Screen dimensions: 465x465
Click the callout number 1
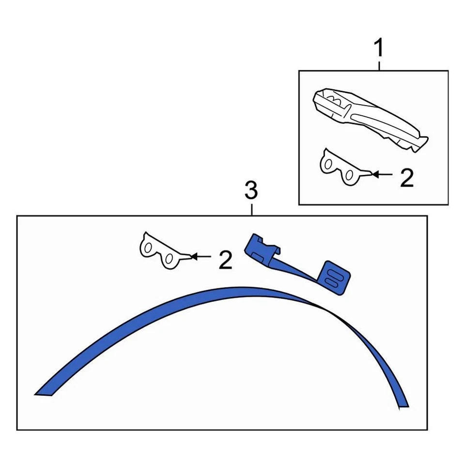(x=379, y=48)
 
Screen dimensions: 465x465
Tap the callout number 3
(x=251, y=191)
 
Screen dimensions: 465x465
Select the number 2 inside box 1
(x=407, y=178)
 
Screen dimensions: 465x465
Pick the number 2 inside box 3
(x=225, y=260)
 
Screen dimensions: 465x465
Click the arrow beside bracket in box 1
(x=383, y=173)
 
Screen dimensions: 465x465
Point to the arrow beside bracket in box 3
(x=201, y=256)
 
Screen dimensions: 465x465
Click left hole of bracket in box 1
(x=329, y=165)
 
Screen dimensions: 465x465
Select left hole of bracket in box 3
(x=149, y=248)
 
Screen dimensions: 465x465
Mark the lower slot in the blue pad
(x=332, y=281)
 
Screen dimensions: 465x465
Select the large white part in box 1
(x=368, y=116)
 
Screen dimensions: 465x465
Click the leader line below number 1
(x=379, y=65)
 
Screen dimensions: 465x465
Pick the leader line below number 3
(x=251, y=209)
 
